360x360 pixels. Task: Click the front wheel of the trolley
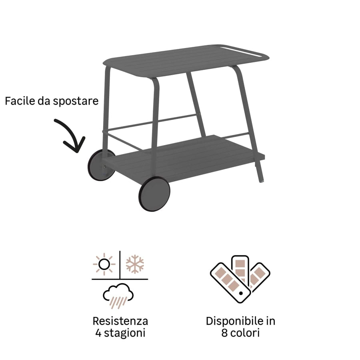coord(154,194)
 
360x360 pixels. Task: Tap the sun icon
coord(104,264)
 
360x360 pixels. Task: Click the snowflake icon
coord(135,264)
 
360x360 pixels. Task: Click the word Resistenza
coord(120,321)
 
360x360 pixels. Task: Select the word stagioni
coord(125,333)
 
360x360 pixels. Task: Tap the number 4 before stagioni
coord(98,333)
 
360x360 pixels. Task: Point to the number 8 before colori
coord(224,333)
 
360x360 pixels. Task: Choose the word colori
coord(245,333)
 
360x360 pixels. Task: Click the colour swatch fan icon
coord(240,279)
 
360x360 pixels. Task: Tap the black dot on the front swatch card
coord(241,293)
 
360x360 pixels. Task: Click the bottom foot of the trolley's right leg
coord(261,181)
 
